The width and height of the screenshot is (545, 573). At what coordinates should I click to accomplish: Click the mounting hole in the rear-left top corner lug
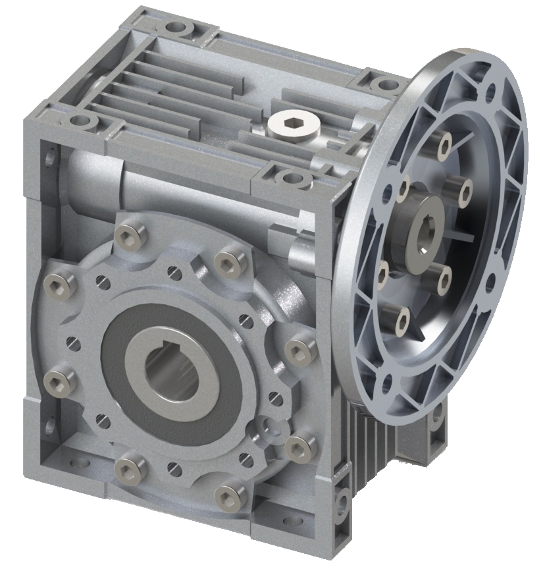point(176,28)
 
